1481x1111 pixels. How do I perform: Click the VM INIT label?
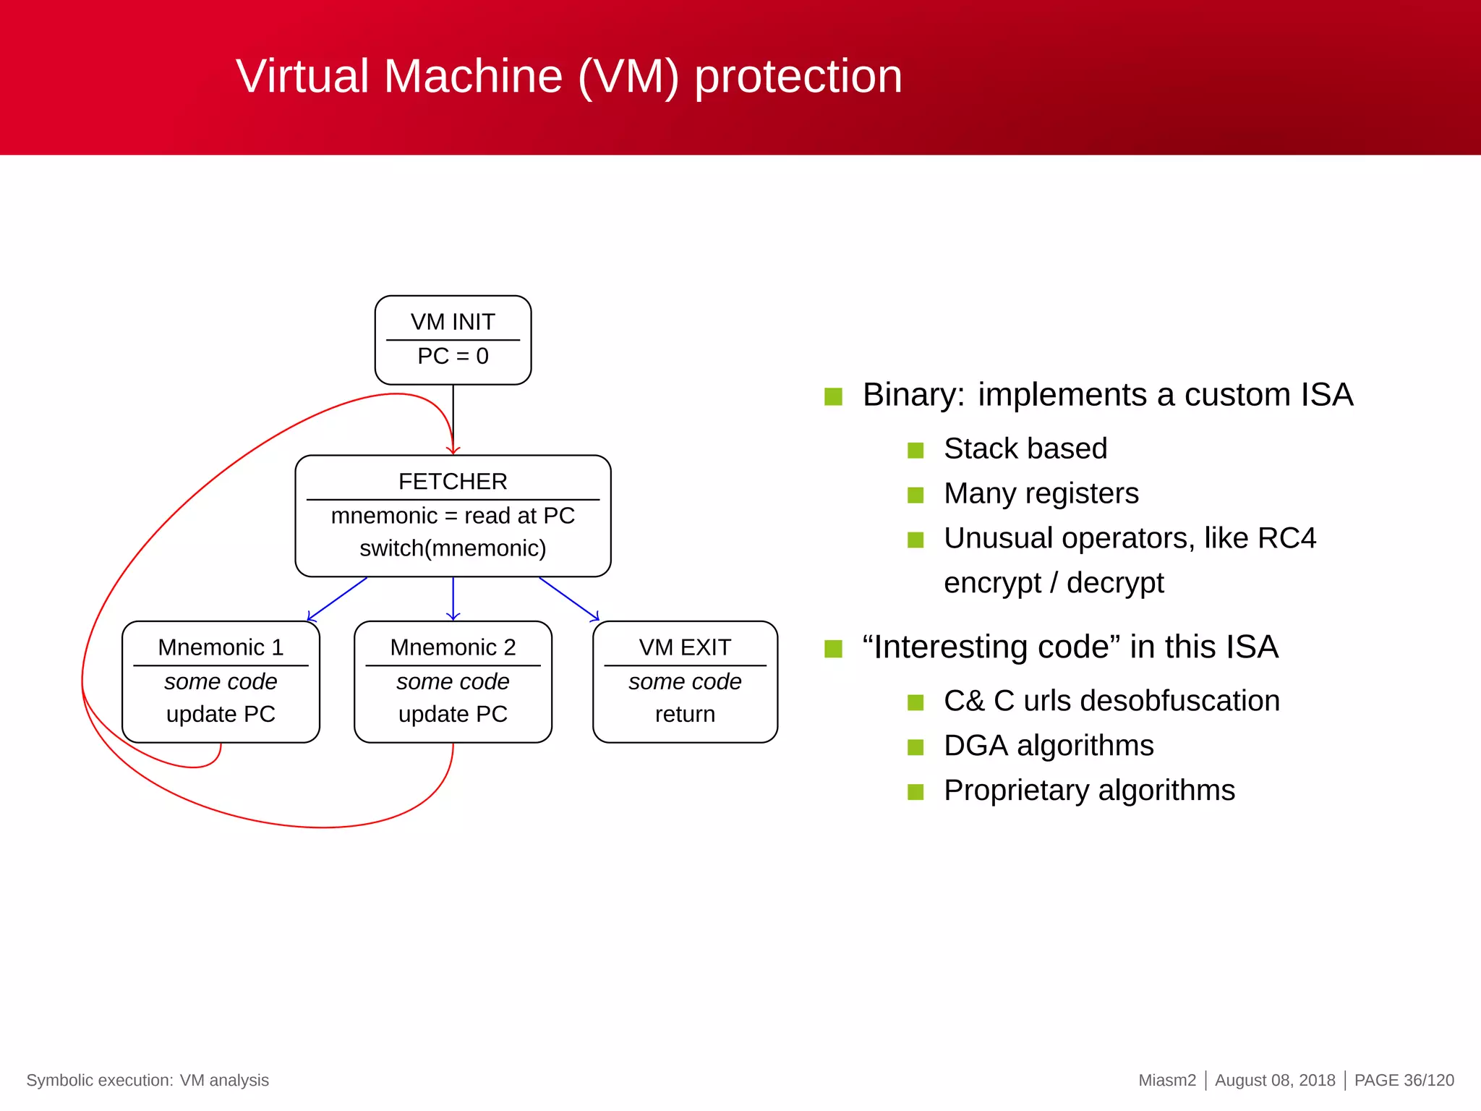453,322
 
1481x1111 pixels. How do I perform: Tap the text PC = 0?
453,357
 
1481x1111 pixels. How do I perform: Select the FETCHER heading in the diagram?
453,482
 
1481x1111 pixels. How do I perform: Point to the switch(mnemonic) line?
453,548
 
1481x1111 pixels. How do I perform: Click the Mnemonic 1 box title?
221,647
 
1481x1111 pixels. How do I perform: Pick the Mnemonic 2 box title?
453,647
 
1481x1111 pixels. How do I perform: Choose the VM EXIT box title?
685,647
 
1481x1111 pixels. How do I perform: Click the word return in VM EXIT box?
685,714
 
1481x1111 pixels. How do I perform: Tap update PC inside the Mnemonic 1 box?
221,714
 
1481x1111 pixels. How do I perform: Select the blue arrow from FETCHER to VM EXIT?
569,599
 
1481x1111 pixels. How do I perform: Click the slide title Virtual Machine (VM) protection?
569,76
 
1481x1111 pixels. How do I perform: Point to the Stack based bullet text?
1025,448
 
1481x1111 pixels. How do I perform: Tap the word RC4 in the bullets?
1286,538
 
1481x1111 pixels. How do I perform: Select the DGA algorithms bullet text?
1049,746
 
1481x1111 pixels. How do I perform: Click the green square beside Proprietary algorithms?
916,792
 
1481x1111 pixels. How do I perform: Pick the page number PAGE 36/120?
1404,1080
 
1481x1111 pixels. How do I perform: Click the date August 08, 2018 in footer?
1275,1080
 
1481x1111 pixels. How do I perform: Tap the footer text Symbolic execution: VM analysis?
148,1080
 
